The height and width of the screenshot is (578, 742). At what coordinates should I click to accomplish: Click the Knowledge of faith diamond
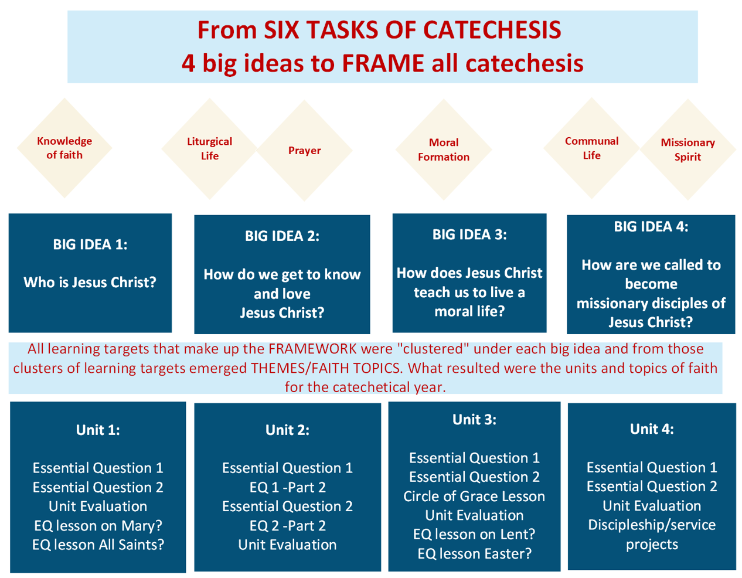coord(64,148)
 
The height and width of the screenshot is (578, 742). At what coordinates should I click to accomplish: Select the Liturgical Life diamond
coord(210,149)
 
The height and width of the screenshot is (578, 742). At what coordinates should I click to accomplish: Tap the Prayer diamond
coord(304,150)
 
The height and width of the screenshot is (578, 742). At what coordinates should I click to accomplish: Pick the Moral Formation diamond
coord(444,149)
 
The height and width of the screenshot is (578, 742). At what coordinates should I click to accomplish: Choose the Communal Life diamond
coord(591,148)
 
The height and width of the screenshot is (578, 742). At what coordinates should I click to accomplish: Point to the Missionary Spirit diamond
coord(687,149)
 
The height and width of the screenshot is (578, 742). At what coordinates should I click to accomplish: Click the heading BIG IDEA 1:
coord(90,244)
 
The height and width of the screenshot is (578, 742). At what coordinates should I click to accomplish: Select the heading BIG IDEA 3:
coord(469,234)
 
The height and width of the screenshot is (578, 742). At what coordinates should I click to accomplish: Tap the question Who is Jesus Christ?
coord(90,283)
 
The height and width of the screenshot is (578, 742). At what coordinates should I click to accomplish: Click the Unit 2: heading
coord(288,430)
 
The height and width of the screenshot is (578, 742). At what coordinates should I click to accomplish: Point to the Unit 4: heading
coord(652,429)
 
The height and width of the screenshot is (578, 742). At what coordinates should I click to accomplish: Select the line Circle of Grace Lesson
coord(474,497)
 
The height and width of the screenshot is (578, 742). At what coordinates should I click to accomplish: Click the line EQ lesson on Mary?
coord(98,526)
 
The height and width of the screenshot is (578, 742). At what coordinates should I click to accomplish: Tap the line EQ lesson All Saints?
coord(98,545)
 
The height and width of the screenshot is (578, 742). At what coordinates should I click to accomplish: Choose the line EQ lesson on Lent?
coord(474,534)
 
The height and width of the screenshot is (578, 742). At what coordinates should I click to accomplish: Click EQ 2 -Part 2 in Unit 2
coord(288,526)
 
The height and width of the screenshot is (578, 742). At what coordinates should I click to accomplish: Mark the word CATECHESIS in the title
coord(492,30)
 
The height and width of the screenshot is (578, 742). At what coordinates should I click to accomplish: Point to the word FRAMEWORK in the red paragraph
coord(312,349)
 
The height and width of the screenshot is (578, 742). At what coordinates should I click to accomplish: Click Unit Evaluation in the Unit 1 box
coord(98,506)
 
